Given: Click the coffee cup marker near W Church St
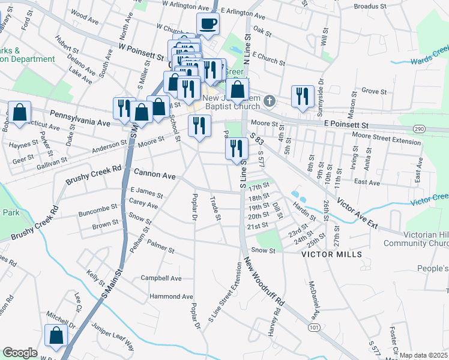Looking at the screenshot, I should point(208,24).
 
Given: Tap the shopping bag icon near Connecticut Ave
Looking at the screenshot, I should point(19,112).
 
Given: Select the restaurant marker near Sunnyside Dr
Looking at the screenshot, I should point(302,96).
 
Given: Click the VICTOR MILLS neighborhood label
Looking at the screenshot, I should point(331,254).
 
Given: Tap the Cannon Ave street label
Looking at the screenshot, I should point(154,176).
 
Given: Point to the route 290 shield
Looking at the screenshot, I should point(420,128).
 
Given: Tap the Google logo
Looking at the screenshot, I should point(20,353).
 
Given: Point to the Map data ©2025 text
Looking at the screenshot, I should point(423,355).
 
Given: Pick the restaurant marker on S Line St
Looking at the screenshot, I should point(237,148).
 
